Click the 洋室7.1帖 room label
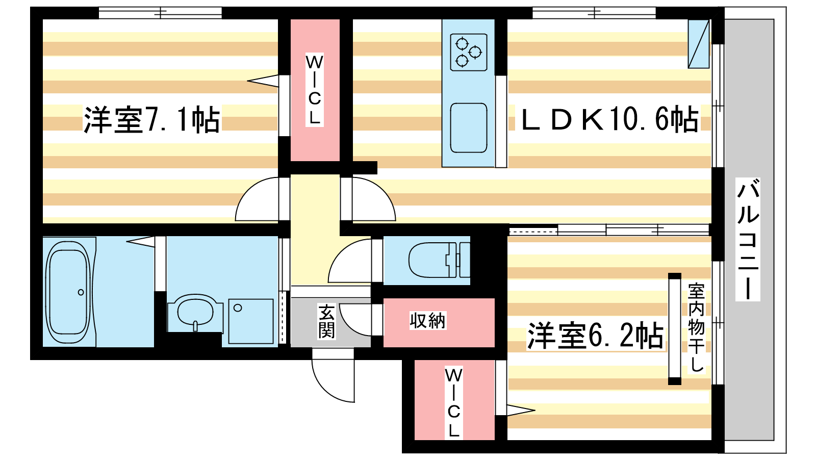click(x=152, y=119)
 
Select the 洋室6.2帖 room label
click(x=595, y=336)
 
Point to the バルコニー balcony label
click(x=748, y=239)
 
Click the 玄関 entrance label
click(x=326, y=321)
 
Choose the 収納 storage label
click(x=428, y=321)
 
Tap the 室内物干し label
click(x=696, y=327)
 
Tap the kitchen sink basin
click(x=469, y=128)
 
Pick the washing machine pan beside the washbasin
click(x=250, y=321)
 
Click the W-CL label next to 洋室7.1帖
click(x=314, y=90)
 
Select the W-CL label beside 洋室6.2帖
click(x=453, y=402)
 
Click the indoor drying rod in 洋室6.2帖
click(x=675, y=328)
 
